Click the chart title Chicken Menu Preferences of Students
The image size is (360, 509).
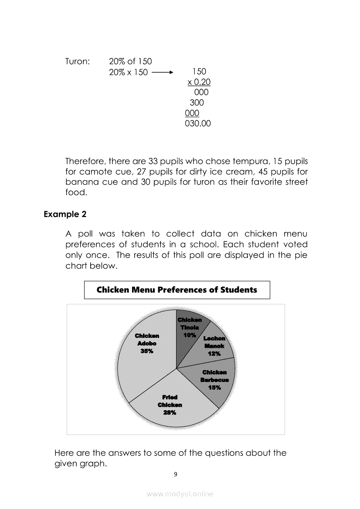click(177, 290)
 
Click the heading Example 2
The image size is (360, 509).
click(65, 214)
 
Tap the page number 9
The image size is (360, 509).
click(176, 474)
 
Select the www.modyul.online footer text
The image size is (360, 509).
click(180, 494)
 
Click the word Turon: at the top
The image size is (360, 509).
click(78, 61)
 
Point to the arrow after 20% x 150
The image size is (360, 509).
click(164, 72)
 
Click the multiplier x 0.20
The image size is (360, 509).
click(199, 82)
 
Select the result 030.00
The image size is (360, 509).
click(198, 124)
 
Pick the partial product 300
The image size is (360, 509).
click(197, 103)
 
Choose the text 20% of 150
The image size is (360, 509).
click(130, 61)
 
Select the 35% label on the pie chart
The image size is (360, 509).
click(147, 351)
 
